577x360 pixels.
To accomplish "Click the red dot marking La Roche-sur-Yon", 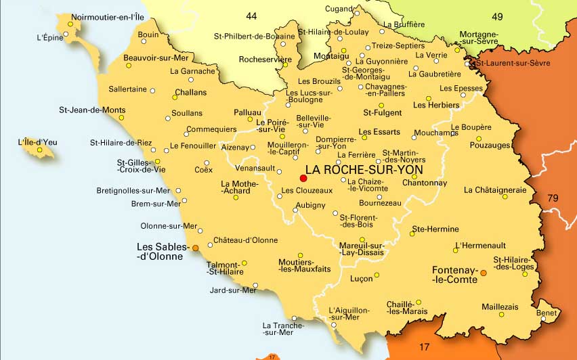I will coord(303,178).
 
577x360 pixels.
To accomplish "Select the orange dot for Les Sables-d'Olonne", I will coord(196,248).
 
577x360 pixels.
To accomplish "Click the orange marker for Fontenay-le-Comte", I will coord(483,273).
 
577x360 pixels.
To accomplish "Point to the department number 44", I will coord(251,16).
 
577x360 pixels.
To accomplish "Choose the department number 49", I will coord(496,17).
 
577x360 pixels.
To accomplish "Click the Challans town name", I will coord(190,92).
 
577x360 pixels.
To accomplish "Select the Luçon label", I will coord(361,278).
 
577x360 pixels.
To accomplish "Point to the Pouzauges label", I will coord(490,145).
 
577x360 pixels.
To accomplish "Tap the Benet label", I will coord(547,314).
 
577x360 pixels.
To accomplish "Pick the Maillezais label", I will coord(500,307).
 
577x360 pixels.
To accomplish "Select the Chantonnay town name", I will coord(424,183).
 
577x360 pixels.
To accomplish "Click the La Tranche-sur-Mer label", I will coord(278,329).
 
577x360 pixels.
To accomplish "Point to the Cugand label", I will coord(339,8).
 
